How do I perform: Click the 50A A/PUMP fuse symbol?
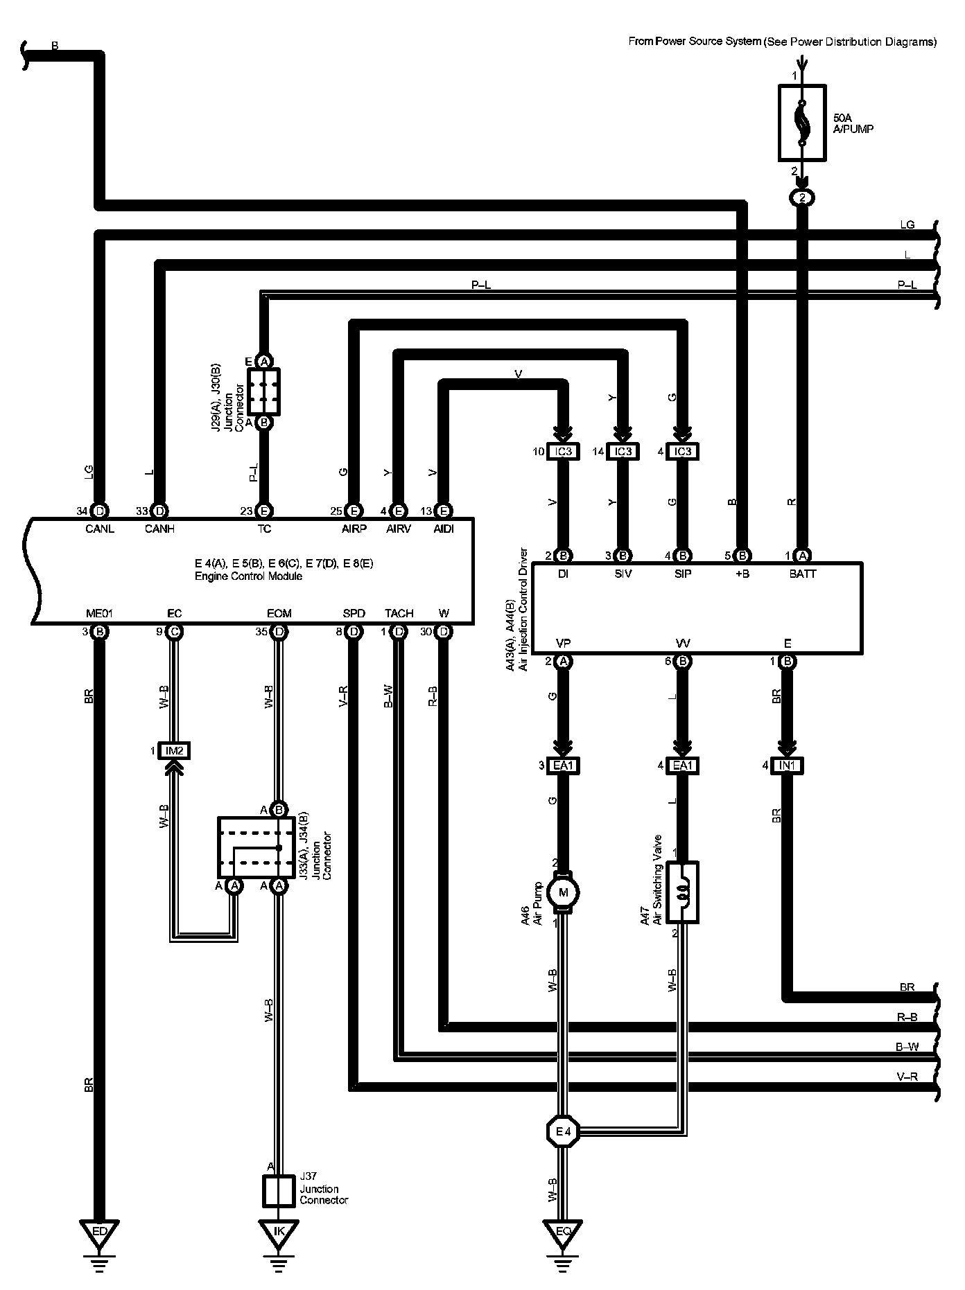(x=802, y=123)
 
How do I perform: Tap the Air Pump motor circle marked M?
(x=563, y=893)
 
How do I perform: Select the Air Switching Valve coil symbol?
(x=682, y=892)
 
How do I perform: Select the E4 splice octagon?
(x=563, y=1132)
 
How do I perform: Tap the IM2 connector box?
(x=174, y=750)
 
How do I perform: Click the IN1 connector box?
(x=788, y=766)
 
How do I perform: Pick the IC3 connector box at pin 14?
(x=623, y=452)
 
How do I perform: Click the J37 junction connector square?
(x=279, y=1191)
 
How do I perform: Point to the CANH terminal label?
(x=159, y=529)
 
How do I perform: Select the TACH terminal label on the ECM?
(x=399, y=613)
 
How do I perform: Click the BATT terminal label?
(x=802, y=574)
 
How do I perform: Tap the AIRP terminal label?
(x=354, y=529)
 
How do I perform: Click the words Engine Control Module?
(x=249, y=576)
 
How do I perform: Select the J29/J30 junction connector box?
(x=263, y=391)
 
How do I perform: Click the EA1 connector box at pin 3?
(x=563, y=766)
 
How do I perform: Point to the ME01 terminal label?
(x=99, y=613)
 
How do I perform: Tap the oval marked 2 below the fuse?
(x=802, y=198)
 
